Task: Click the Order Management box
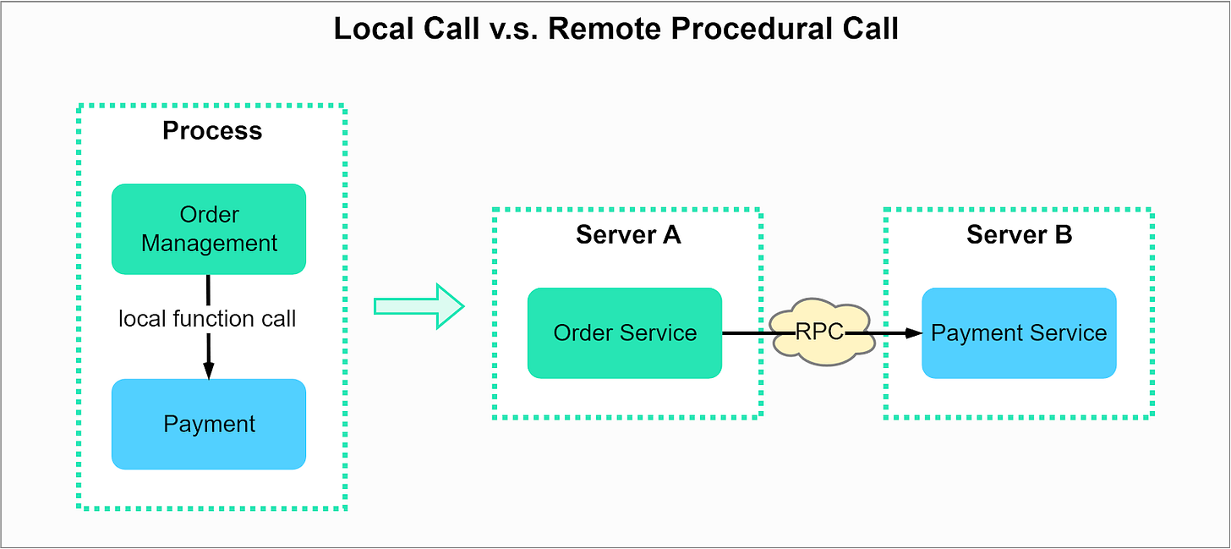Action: pos(209,229)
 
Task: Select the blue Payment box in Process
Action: pos(209,424)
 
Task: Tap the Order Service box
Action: pos(625,333)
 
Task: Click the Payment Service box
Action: pos(1019,333)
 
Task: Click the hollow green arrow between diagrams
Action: pos(419,306)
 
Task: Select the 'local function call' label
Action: pos(208,319)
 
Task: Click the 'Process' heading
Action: pos(212,131)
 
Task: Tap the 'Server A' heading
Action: pos(628,235)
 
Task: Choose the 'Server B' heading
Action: pos(1019,235)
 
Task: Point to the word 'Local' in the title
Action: pos(371,29)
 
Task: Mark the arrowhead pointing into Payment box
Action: pos(209,371)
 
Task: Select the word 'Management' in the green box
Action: pos(210,244)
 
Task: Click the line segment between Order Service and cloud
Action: pos(746,333)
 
